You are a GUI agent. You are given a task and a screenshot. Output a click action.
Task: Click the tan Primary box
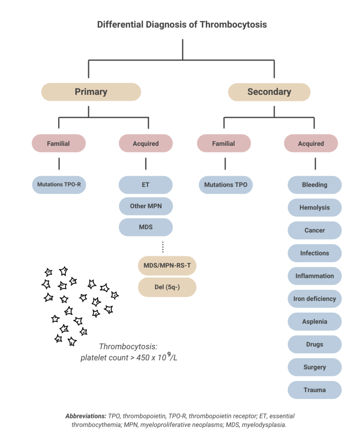pos(91,92)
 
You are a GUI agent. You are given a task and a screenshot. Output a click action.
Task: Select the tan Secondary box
pos(269,92)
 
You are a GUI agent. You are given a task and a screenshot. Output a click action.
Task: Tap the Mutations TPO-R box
pos(59,185)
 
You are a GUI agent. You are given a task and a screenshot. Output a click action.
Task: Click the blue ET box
pos(145,185)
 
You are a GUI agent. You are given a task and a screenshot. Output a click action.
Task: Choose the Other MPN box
pos(145,206)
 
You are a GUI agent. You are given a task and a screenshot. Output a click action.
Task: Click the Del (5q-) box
pos(167,287)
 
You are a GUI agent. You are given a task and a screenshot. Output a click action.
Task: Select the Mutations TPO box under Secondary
pos(225,185)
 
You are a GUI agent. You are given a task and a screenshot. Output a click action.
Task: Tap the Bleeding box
pos(315,185)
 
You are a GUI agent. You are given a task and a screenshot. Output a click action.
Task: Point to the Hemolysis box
pos(315,208)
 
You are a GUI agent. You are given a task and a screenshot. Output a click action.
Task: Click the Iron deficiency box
pos(315,299)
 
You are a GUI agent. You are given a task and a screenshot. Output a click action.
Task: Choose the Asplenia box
pos(315,321)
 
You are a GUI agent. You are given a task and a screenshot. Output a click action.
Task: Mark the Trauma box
pos(315,390)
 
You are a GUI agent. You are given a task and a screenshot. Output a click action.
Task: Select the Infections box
pos(315,253)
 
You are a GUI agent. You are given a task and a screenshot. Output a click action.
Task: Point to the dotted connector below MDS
pos(163,246)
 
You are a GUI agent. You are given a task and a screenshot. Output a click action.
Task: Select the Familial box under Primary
pos(59,144)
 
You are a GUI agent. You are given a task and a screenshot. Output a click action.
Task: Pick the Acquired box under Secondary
pos(311,144)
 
